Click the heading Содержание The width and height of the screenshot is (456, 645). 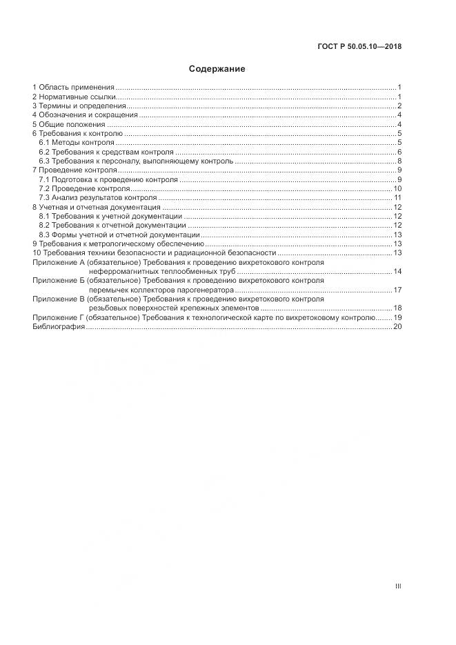[x=217, y=69]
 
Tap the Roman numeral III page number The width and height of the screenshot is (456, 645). [x=398, y=586]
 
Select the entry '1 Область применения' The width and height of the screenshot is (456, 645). [x=73, y=88]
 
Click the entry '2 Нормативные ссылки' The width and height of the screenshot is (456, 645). [x=74, y=97]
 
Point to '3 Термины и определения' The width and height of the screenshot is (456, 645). [x=79, y=106]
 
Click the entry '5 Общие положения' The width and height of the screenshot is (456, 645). [x=70, y=124]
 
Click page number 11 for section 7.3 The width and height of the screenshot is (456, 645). [x=397, y=197]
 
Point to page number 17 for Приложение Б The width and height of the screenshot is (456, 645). [x=397, y=290]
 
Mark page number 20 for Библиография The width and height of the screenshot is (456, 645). [x=397, y=326]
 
